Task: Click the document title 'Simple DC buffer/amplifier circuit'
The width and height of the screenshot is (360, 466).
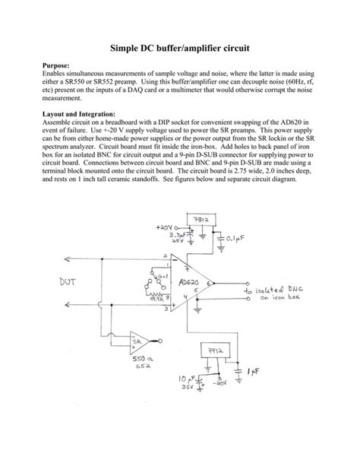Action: (179, 47)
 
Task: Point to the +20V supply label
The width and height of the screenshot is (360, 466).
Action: (165, 227)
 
